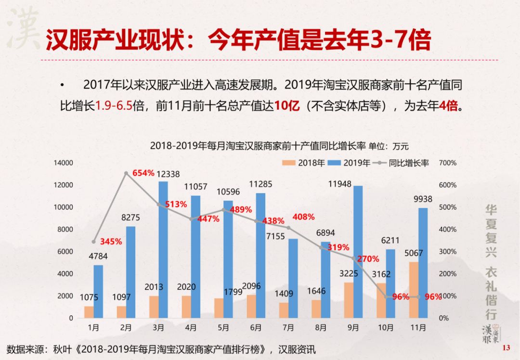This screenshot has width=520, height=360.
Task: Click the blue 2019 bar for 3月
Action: (163, 249)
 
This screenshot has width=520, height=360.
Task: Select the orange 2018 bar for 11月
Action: (414, 290)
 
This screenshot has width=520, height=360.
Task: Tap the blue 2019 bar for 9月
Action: (358, 252)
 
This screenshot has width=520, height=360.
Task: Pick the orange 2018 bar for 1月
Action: (89, 312)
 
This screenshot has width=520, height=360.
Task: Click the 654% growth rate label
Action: (143, 173)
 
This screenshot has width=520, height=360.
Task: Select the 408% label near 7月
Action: (303, 217)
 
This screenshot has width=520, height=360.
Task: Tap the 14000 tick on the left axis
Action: (63, 163)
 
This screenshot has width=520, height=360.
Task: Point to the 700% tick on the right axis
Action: (448, 163)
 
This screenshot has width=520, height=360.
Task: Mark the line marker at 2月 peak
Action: (126, 173)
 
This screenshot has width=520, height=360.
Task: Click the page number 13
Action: (506, 348)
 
